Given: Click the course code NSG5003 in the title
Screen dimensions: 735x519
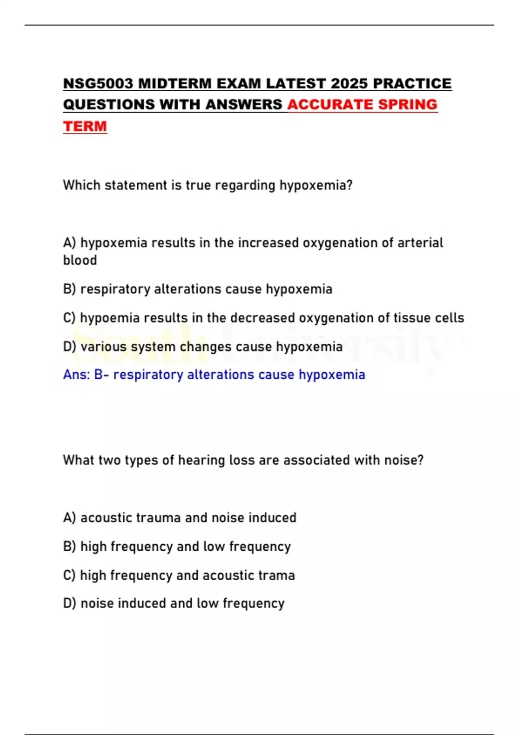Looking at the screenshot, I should click(98, 83).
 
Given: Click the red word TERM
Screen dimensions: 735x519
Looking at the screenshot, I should click(85, 126).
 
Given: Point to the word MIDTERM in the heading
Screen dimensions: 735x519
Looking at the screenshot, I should click(175, 83).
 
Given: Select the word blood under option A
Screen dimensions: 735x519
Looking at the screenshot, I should click(80, 260).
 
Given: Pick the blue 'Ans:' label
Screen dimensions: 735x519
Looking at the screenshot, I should click(77, 374).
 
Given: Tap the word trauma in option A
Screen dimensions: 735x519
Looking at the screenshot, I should click(157, 518).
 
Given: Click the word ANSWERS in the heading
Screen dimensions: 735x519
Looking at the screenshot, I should click(243, 105).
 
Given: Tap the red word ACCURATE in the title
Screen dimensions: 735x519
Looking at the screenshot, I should click(330, 105).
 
